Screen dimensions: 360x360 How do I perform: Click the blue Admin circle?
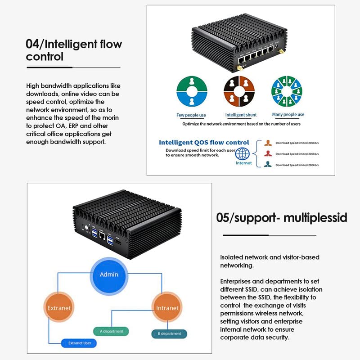point(109,274)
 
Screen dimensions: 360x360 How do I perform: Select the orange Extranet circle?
point(59,308)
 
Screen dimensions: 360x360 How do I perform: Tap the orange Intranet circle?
point(167,308)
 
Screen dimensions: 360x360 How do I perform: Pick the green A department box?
point(111,331)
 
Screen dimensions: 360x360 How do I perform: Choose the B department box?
point(169,334)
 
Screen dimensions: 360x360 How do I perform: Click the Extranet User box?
point(80,343)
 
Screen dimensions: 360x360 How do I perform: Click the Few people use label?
point(191,115)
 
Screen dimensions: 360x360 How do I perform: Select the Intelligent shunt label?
point(241,115)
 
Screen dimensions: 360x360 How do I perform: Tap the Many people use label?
point(288,115)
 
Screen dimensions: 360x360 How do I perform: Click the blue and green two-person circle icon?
point(191,91)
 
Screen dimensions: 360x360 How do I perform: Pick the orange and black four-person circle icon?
point(239,91)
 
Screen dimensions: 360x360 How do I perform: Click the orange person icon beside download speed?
point(268,144)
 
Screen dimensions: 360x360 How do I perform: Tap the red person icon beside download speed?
point(268,154)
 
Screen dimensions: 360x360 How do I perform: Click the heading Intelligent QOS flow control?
point(204,142)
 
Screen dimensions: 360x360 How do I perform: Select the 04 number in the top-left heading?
point(32,45)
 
